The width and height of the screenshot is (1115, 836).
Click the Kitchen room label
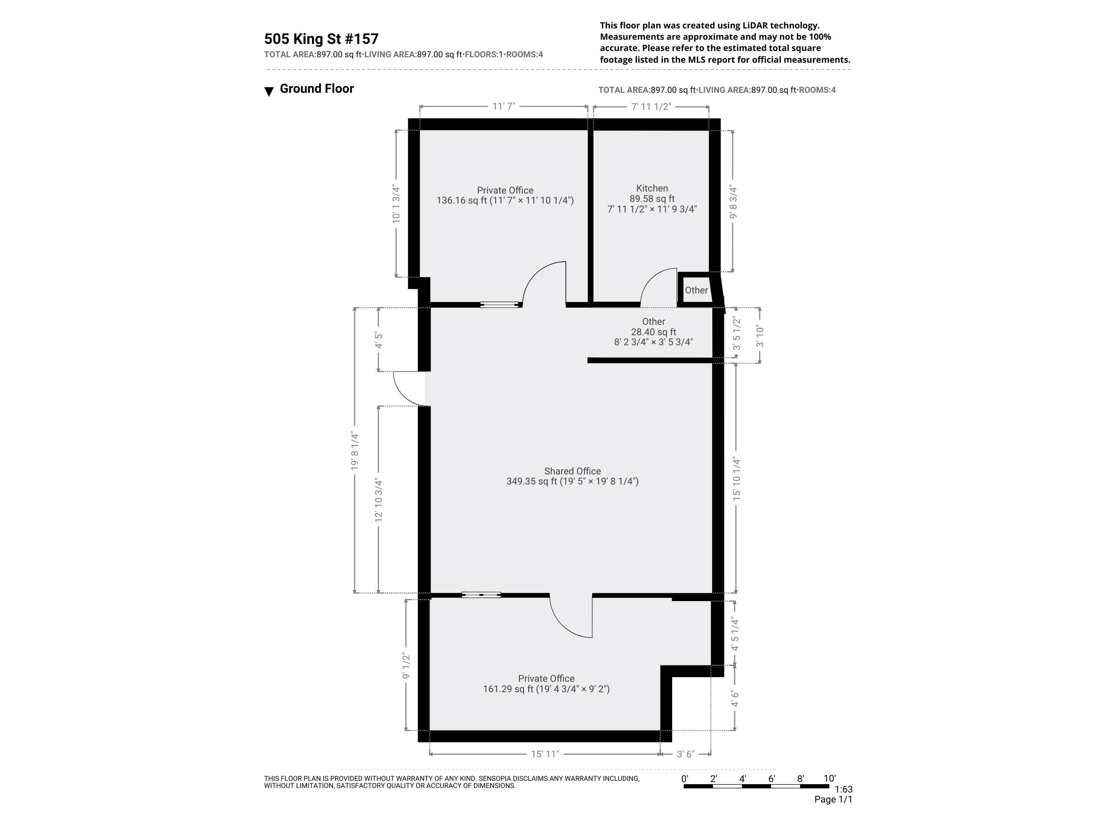(x=652, y=189)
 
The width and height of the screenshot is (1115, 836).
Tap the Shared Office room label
(x=572, y=471)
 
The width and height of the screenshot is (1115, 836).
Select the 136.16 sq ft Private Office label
(x=504, y=196)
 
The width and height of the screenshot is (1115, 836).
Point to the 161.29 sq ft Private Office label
(x=546, y=684)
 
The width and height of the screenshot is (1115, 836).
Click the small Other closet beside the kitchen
(x=696, y=290)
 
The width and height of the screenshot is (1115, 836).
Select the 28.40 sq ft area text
(x=653, y=332)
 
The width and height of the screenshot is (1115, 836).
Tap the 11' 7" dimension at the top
(x=504, y=106)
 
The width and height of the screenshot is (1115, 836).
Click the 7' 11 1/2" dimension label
(x=651, y=106)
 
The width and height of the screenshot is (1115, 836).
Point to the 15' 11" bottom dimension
(x=545, y=754)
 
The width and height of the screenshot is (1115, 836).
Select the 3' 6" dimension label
(x=685, y=754)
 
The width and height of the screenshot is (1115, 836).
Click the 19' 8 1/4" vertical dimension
(x=355, y=451)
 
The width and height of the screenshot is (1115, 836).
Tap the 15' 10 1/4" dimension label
(x=737, y=479)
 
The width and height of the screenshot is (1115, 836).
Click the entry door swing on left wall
(x=409, y=388)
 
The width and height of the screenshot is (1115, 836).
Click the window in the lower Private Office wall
(x=481, y=595)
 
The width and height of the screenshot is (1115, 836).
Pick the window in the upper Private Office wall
(x=499, y=304)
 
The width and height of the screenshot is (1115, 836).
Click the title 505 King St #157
(x=321, y=39)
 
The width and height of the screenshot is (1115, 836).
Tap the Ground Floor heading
(x=317, y=89)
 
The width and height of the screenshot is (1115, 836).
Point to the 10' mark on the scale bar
(x=829, y=779)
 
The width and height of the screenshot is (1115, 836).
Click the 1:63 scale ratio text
(x=843, y=789)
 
